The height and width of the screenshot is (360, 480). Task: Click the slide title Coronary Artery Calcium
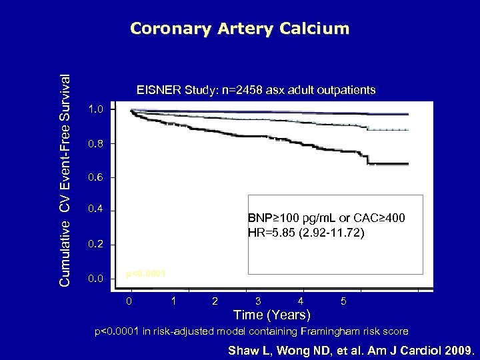[x=239, y=29]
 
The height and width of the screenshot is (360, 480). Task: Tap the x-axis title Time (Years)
[x=271, y=314]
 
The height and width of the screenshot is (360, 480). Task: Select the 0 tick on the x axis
[x=130, y=301]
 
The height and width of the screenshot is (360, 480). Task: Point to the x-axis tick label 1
[x=173, y=301]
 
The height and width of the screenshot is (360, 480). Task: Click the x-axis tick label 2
[x=215, y=301]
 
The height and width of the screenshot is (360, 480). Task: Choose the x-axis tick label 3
[x=257, y=301]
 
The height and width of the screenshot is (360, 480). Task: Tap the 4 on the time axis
[x=301, y=301]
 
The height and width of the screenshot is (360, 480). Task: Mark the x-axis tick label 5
[x=343, y=301]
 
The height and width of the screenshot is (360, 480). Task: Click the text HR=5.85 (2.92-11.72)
[x=306, y=233]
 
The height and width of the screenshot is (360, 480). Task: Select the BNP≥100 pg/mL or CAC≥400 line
[x=325, y=219]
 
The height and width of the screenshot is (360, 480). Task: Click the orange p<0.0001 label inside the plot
[x=146, y=274]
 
